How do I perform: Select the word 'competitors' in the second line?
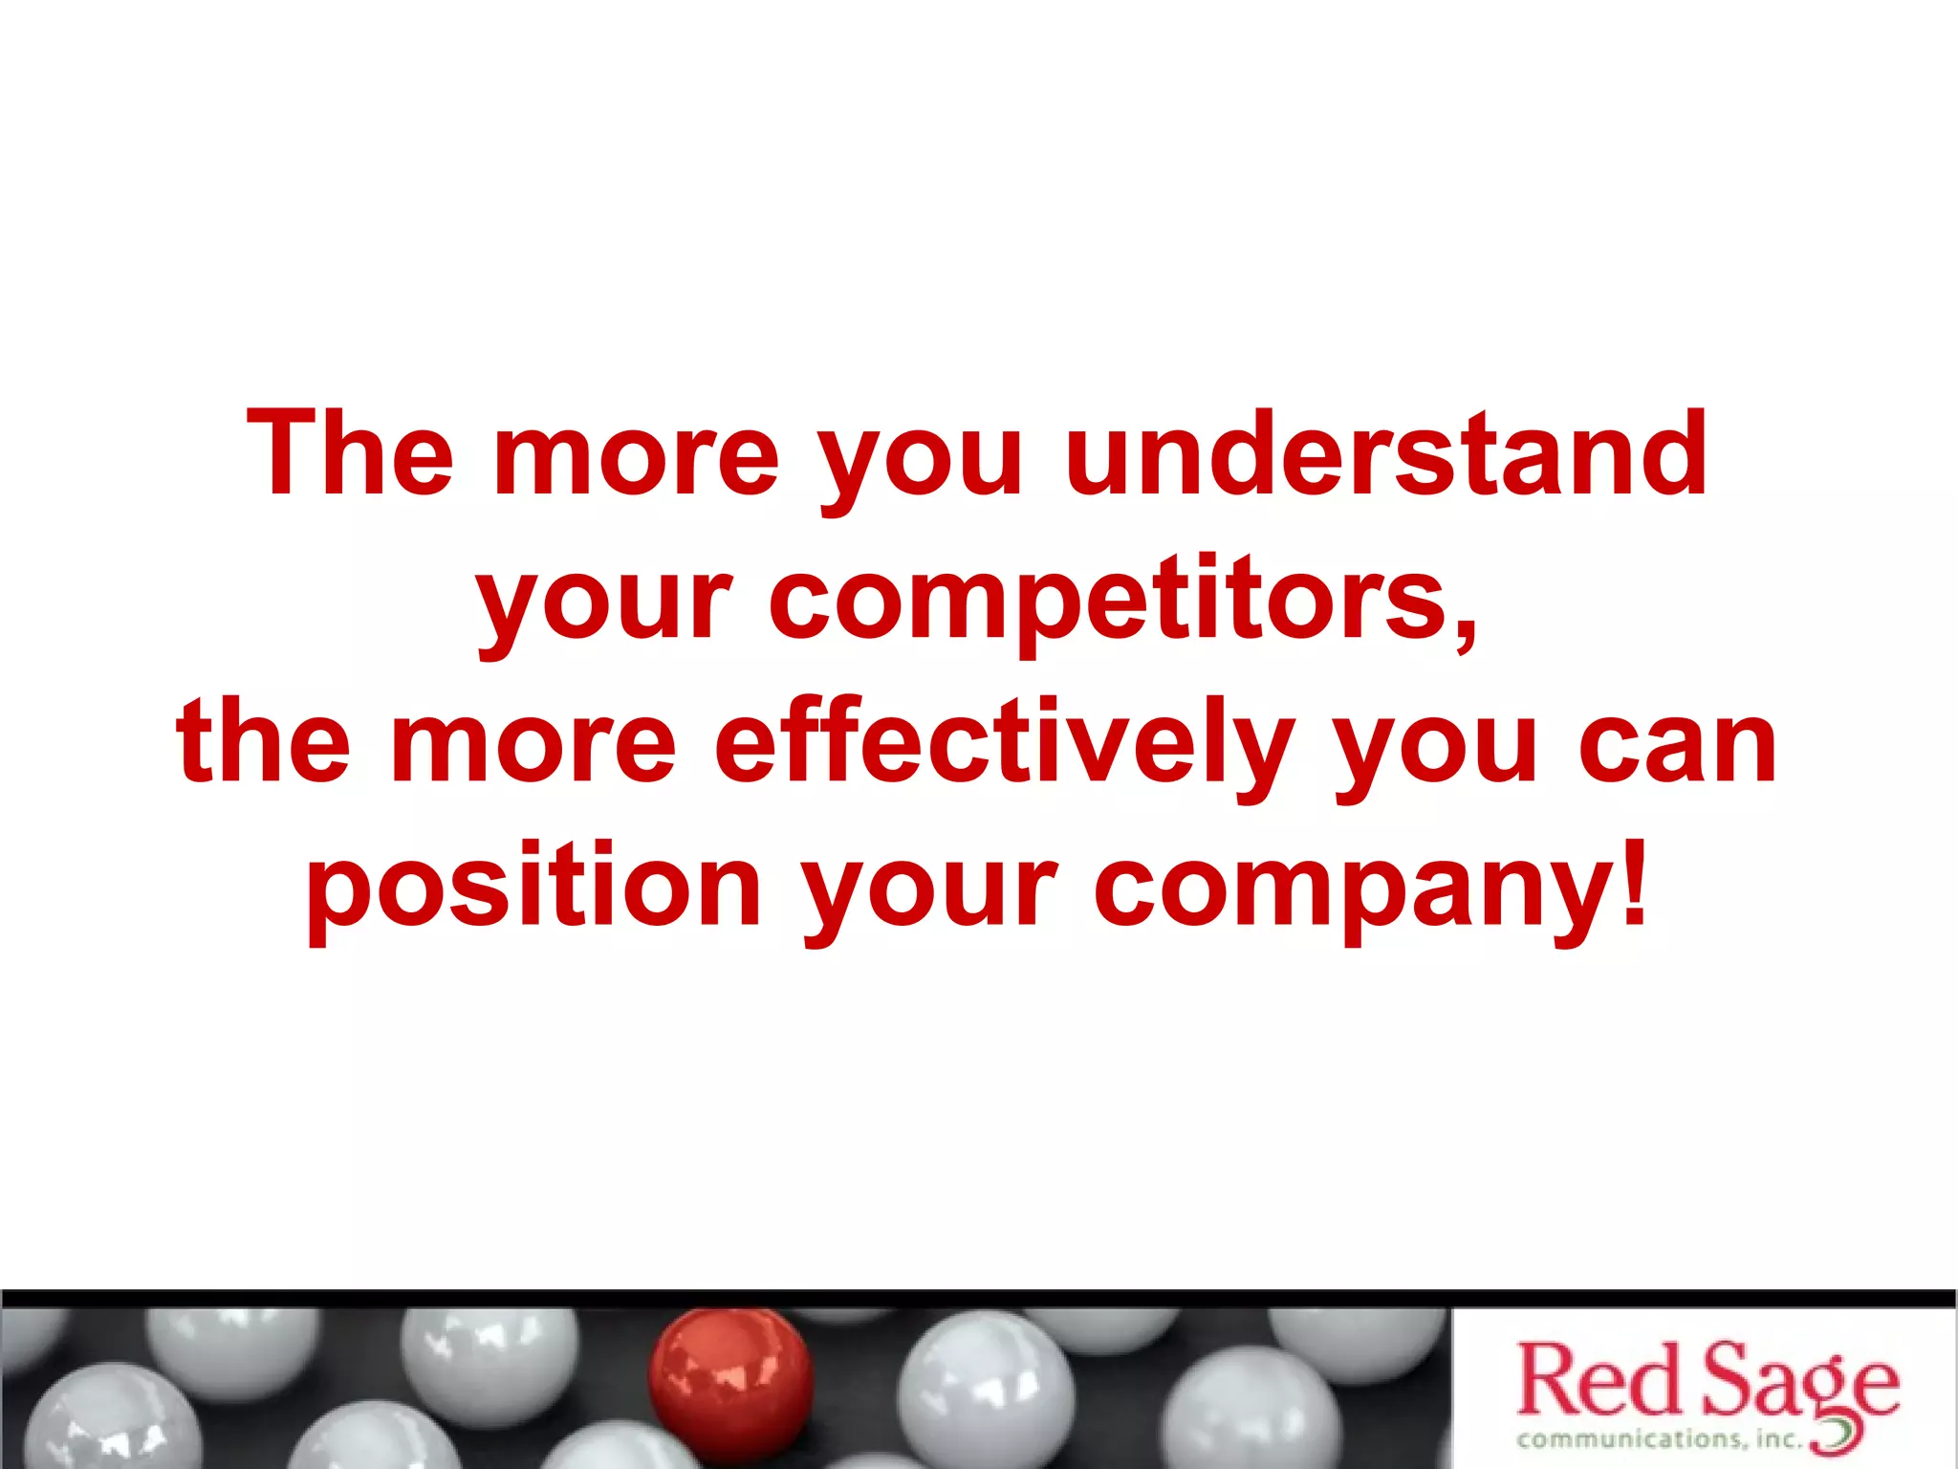[x=1109, y=601]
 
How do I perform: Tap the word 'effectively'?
[x=1004, y=742]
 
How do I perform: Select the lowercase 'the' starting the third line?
[x=264, y=742]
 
